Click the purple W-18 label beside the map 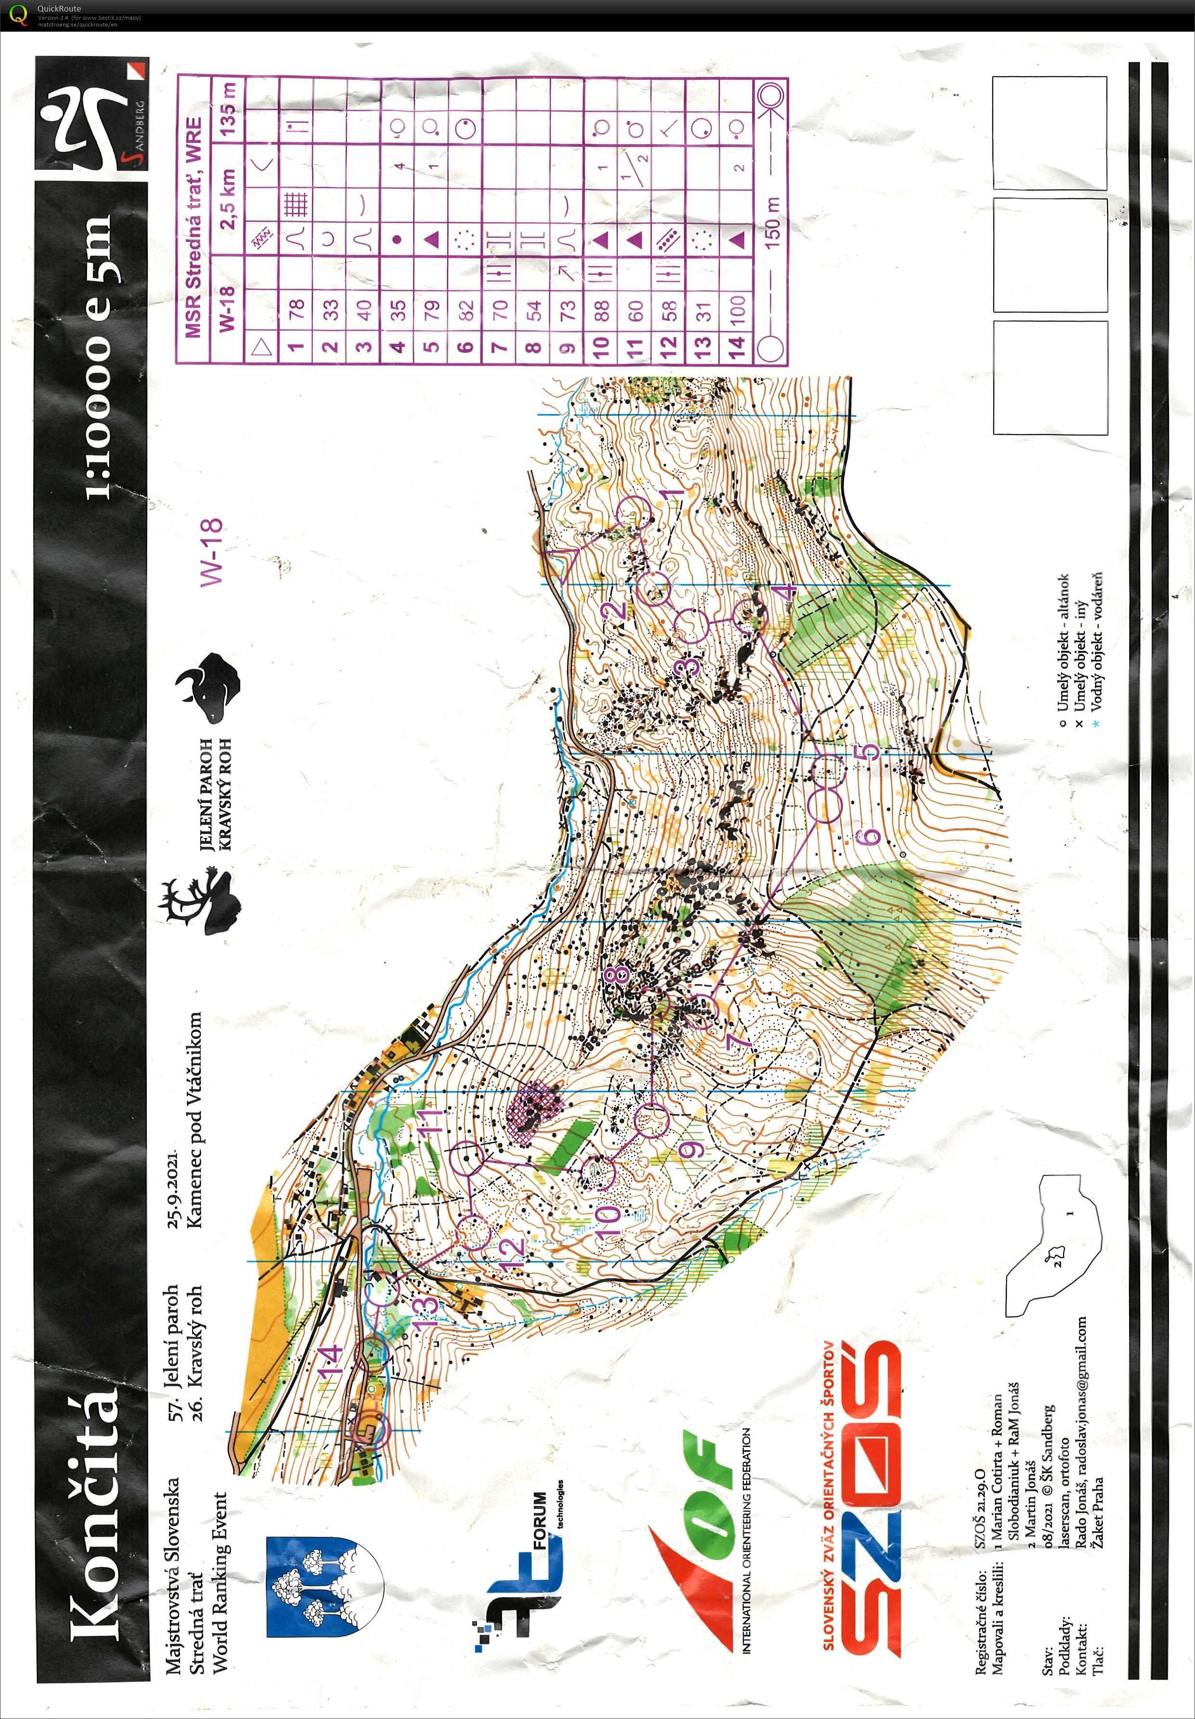coord(211,552)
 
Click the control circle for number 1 coord(635,514)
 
